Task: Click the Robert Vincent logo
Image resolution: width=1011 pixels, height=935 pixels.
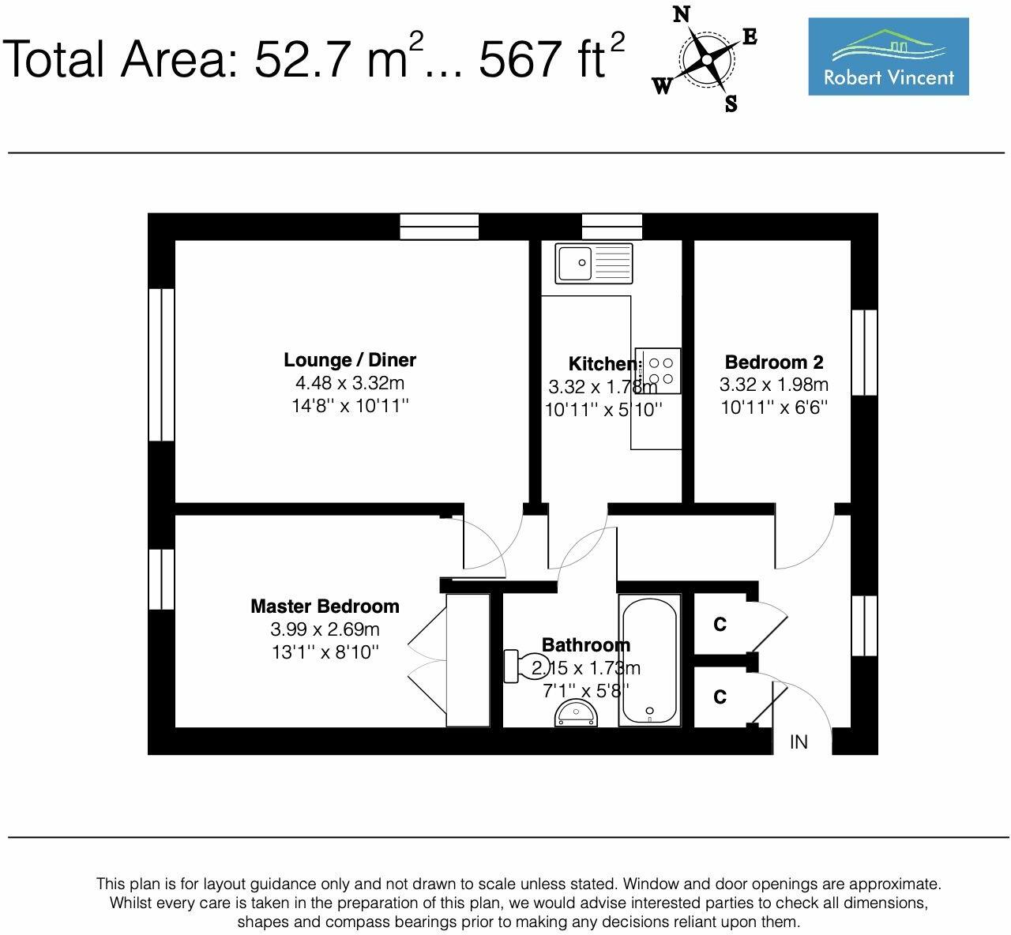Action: coord(888,57)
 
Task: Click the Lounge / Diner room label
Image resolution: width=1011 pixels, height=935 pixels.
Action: coord(349,360)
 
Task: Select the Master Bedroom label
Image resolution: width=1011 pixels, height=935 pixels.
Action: coord(325,606)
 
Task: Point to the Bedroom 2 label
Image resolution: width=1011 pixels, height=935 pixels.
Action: coord(773,362)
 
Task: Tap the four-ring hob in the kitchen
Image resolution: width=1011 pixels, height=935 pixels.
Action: coord(658,371)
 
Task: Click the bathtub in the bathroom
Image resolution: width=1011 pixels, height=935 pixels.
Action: coord(648,660)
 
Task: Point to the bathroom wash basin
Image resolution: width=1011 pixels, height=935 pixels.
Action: coord(577,714)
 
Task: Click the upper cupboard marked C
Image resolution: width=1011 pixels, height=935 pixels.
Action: coord(720,625)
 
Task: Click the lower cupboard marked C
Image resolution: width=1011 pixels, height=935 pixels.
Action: coord(720,697)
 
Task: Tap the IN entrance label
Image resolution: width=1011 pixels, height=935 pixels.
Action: coord(799,742)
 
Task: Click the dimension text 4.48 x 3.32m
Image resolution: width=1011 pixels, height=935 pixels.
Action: coord(349,384)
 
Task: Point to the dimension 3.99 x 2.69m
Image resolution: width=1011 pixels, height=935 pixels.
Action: coord(325,629)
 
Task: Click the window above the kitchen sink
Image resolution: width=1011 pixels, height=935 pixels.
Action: coord(612,226)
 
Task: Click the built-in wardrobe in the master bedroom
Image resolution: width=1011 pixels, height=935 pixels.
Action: coord(468,660)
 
